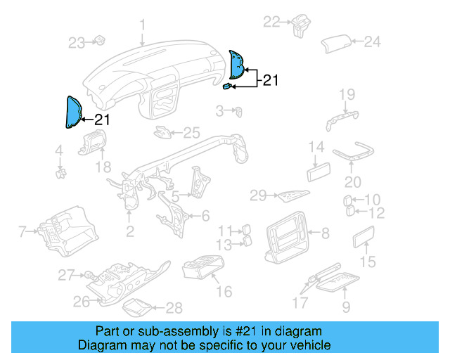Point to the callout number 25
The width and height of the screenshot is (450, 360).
[192, 132]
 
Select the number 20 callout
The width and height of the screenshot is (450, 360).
[352, 181]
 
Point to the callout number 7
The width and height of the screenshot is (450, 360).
[22, 231]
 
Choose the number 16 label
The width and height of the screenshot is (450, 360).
[224, 291]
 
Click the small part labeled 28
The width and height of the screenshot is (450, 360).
[135, 307]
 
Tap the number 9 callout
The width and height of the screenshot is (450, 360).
[346, 307]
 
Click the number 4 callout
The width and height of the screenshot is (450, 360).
[59, 150]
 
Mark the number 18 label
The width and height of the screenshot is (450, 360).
[103, 167]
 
